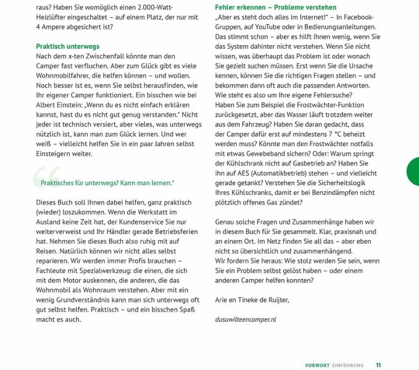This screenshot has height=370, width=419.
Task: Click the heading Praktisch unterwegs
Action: click(67, 46)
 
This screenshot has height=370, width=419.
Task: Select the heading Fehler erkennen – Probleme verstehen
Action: click(267, 7)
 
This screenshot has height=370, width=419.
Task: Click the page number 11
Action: click(378, 365)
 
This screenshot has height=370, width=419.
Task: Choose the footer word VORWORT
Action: click(317, 365)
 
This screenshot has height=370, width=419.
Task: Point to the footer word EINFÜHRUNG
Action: click(347, 365)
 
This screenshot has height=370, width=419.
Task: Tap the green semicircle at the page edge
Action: click(413, 171)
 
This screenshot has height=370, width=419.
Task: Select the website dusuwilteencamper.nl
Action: click(246, 319)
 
